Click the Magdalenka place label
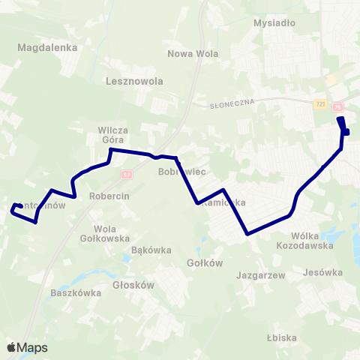[47, 47]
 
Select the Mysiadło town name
[274, 22]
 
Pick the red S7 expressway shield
[127, 174]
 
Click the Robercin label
[109, 195]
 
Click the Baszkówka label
[75, 293]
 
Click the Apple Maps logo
[26, 348]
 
